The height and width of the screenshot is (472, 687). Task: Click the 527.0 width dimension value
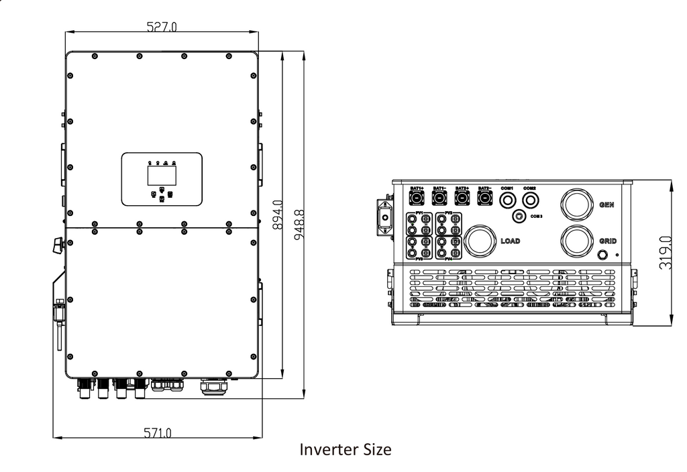click(x=162, y=27)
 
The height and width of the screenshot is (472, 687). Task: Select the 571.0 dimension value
click(x=158, y=433)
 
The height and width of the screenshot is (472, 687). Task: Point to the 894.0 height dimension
click(x=276, y=215)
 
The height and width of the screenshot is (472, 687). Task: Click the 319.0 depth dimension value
click(x=665, y=252)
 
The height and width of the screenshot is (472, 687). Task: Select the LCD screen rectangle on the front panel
click(x=162, y=175)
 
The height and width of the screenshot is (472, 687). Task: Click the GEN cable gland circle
click(x=576, y=203)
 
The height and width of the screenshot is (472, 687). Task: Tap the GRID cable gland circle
click(x=576, y=241)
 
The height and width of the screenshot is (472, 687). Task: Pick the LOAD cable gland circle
click(x=480, y=241)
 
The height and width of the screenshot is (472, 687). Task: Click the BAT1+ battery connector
click(x=417, y=198)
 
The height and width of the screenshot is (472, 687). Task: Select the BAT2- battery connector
click(x=484, y=198)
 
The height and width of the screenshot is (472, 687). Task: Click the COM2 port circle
click(x=530, y=199)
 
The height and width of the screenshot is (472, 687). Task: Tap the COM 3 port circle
click(x=519, y=216)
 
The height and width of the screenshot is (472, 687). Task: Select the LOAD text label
click(x=511, y=241)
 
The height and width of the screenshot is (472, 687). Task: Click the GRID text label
click(x=608, y=241)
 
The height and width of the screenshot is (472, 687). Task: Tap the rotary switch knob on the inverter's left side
click(x=58, y=245)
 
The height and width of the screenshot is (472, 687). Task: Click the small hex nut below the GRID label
click(x=602, y=255)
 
